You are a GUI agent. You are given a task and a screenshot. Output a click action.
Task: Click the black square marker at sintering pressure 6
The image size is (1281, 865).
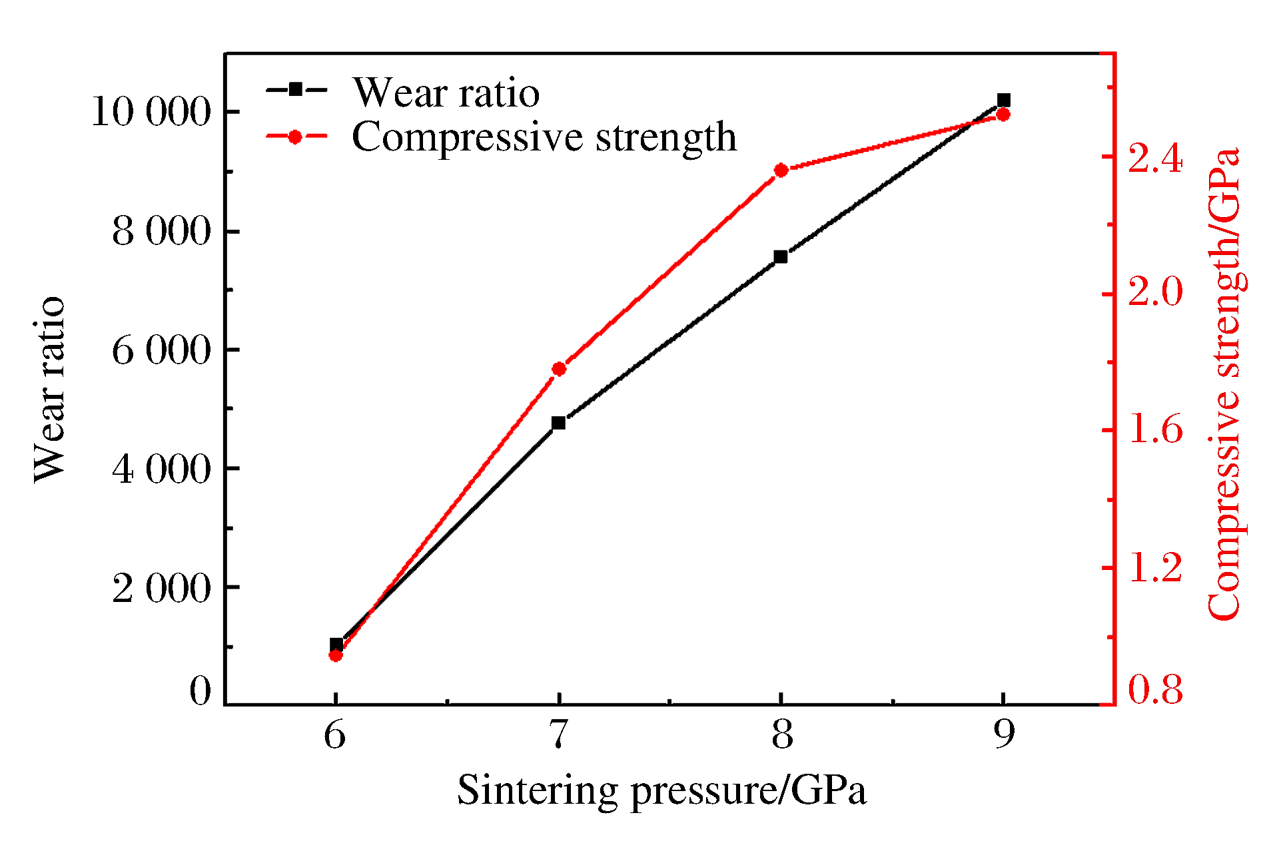(x=336, y=645)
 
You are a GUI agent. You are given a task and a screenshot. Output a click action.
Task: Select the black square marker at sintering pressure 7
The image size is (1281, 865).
(x=558, y=423)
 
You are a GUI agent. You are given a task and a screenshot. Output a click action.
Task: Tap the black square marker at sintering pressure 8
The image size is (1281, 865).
(x=781, y=257)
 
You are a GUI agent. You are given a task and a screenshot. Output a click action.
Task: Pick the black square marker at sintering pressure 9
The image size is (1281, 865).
(x=1003, y=101)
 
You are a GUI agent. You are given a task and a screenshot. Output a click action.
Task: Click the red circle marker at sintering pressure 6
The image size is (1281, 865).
(x=336, y=655)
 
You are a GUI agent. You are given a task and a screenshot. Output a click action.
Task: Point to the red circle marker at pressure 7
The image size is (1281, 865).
(x=559, y=369)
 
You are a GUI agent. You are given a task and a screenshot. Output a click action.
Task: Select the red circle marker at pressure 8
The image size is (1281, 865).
(x=781, y=170)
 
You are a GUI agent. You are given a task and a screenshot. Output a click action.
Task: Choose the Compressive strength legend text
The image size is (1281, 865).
(x=544, y=137)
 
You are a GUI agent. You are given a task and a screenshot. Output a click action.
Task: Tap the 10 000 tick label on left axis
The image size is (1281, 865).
(x=151, y=111)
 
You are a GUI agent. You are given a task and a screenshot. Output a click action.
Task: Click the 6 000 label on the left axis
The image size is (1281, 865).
(x=161, y=350)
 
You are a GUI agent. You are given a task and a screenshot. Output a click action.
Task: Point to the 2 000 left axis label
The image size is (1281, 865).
(x=161, y=588)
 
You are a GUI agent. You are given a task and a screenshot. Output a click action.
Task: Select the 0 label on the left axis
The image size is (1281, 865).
(x=200, y=691)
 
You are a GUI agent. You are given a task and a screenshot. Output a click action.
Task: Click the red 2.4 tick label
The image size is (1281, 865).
(x=1154, y=159)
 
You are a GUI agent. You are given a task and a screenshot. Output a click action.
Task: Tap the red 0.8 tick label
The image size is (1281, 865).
(x=1154, y=689)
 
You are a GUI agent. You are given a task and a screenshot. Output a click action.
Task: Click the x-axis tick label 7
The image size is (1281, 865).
(x=558, y=734)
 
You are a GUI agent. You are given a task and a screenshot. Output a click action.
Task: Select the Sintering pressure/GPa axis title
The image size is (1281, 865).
(x=661, y=791)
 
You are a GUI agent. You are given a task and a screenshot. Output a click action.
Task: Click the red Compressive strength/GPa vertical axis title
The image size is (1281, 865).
(x=1224, y=384)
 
